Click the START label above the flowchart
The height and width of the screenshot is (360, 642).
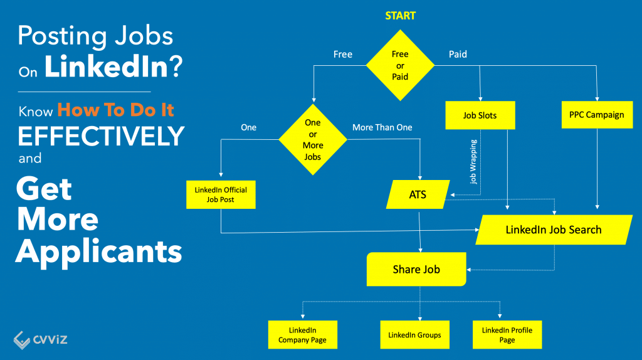point(400,16)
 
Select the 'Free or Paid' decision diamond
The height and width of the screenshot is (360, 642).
point(400,66)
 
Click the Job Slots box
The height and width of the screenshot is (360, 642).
point(480,115)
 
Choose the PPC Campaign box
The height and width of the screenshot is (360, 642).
point(597,115)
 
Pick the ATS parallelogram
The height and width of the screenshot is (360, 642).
point(418,194)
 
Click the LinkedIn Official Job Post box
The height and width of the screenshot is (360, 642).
point(221,194)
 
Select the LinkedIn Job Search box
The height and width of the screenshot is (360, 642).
point(554,230)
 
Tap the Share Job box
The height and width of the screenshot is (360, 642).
point(416,269)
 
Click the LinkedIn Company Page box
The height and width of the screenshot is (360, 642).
point(302,335)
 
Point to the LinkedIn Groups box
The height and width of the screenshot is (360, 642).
point(415,335)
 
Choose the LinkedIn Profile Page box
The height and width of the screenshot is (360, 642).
point(507,335)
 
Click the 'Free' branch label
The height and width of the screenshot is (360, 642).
point(342,55)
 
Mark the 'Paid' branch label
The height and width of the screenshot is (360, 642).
point(458,55)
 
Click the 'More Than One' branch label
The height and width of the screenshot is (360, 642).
point(382,127)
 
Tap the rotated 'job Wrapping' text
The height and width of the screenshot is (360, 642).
point(473,161)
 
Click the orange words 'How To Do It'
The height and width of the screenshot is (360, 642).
point(115,110)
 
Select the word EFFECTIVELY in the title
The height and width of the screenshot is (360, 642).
point(100,135)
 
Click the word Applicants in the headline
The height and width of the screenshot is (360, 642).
point(99,251)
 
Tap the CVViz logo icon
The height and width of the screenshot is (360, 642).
point(22,339)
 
